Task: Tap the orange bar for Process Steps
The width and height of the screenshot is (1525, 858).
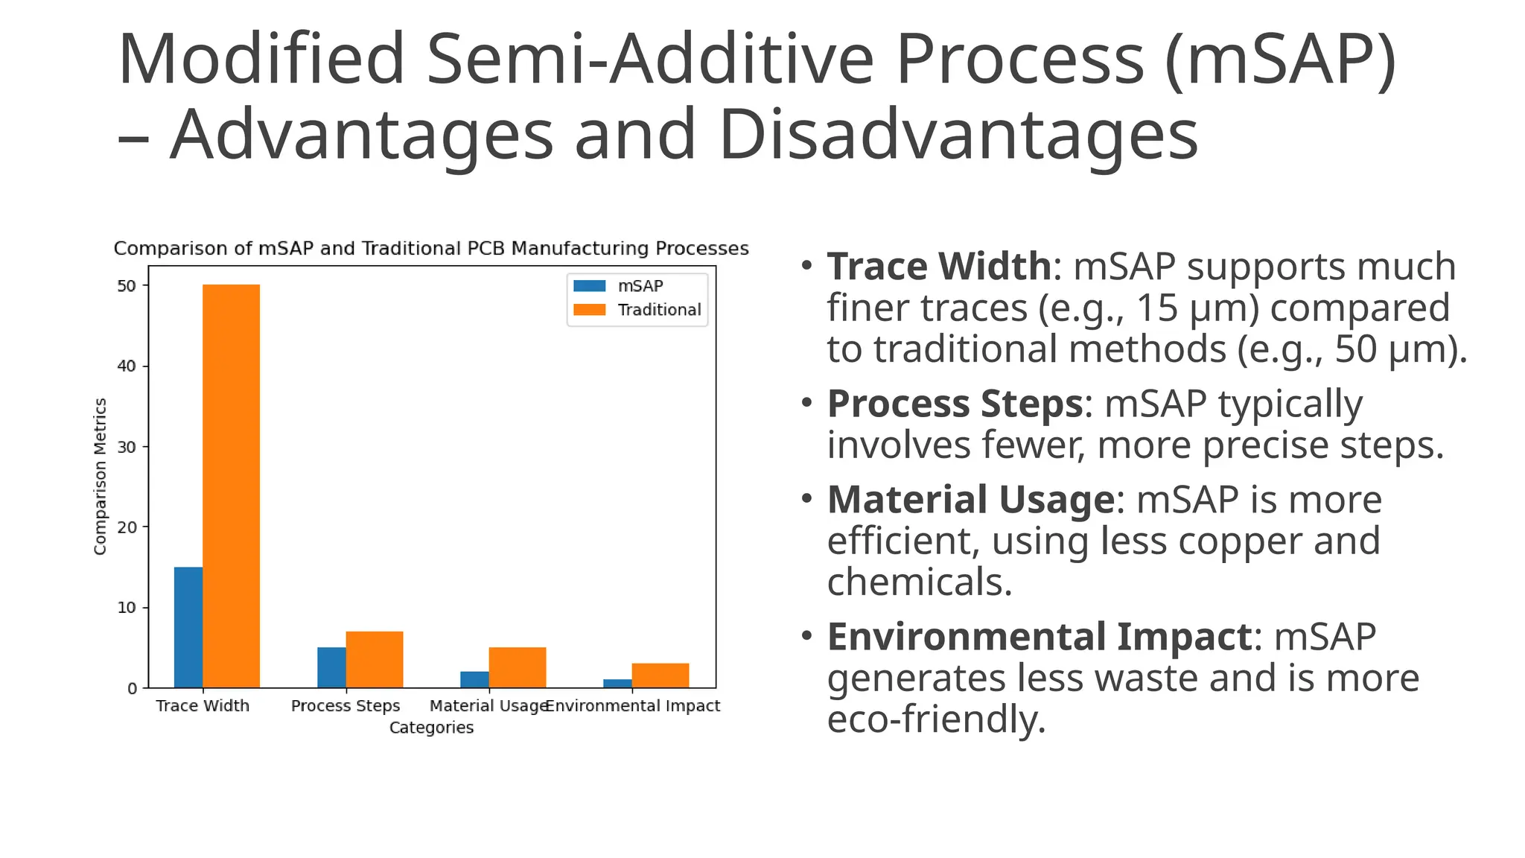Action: click(375, 659)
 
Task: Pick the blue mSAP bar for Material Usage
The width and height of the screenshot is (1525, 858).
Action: click(474, 679)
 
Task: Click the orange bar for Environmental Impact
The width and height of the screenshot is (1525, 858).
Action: click(660, 676)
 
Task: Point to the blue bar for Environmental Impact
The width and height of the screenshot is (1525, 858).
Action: click(617, 683)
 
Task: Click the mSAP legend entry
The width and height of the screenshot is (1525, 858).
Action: click(640, 286)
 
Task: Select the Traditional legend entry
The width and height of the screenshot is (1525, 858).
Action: click(659, 310)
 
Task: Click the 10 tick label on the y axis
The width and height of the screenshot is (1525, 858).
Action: click(127, 608)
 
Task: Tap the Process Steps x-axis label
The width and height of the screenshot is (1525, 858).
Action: click(346, 706)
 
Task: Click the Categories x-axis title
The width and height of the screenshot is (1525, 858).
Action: click(431, 728)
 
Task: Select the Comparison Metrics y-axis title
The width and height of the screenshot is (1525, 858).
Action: click(101, 477)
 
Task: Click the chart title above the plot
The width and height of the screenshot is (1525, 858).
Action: click(431, 249)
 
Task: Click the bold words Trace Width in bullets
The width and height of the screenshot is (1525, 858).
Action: click(939, 267)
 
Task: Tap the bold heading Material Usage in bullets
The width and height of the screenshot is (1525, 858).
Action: click(970, 500)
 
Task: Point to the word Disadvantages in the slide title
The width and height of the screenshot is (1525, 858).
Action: click(958, 135)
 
